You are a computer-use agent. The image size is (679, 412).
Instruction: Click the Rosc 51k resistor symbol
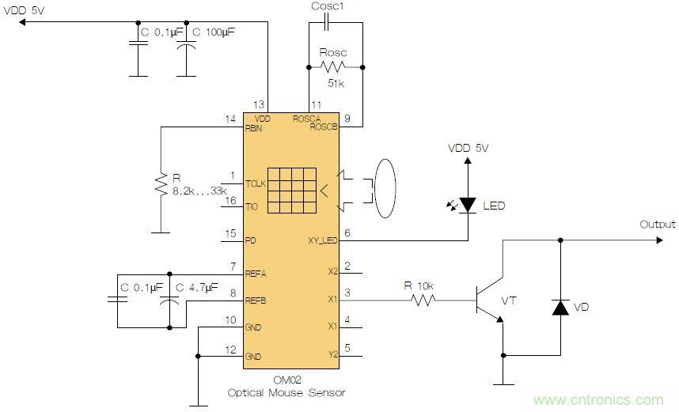tap(333, 67)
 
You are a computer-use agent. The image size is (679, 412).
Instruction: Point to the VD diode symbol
tap(560, 308)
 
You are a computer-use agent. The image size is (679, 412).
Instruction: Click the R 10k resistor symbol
tap(421, 300)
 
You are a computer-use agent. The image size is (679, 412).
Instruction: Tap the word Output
tap(658, 225)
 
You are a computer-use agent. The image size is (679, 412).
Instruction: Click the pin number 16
tap(230, 201)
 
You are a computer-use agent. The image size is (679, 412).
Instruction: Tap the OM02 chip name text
tap(286, 380)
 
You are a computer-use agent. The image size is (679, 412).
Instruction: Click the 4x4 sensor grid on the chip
tap(290, 190)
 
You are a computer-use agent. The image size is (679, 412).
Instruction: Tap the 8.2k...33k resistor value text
tap(199, 191)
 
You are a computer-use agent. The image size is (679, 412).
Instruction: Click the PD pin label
tap(250, 240)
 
